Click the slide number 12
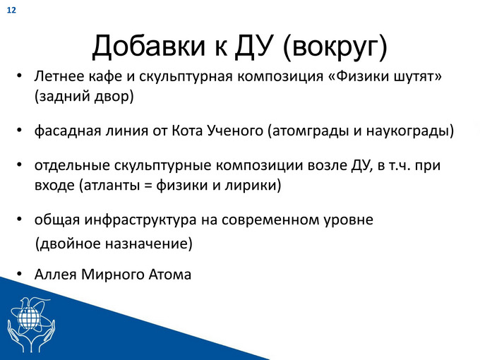click(x=11, y=11)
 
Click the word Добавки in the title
click(x=148, y=47)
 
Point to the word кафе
click(x=105, y=76)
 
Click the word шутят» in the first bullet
click(x=418, y=76)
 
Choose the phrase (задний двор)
click(x=84, y=97)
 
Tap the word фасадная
click(x=67, y=131)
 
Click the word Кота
click(x=187, y=131)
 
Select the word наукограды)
click(x=410, y=131)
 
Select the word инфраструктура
click(x=140, y=220)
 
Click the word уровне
click(x=349, y=220)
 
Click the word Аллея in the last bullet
click(x=55, y=275)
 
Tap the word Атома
click(x=170, y=275)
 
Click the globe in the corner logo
click(x=29, y=316)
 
